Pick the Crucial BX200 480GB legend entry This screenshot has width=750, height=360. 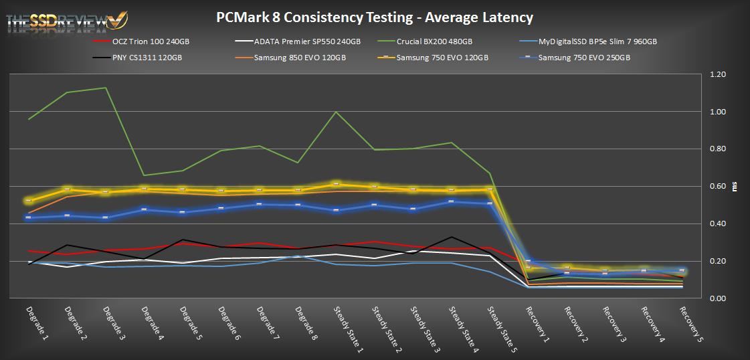434,41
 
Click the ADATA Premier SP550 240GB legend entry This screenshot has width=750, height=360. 300,41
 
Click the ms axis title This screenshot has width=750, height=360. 735,187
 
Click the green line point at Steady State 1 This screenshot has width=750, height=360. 335,112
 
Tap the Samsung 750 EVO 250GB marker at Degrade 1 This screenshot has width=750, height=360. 29,217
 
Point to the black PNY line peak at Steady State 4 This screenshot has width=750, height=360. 452,237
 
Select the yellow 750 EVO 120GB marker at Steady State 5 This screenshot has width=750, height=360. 490,189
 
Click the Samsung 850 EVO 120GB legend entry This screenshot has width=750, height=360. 292,57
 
